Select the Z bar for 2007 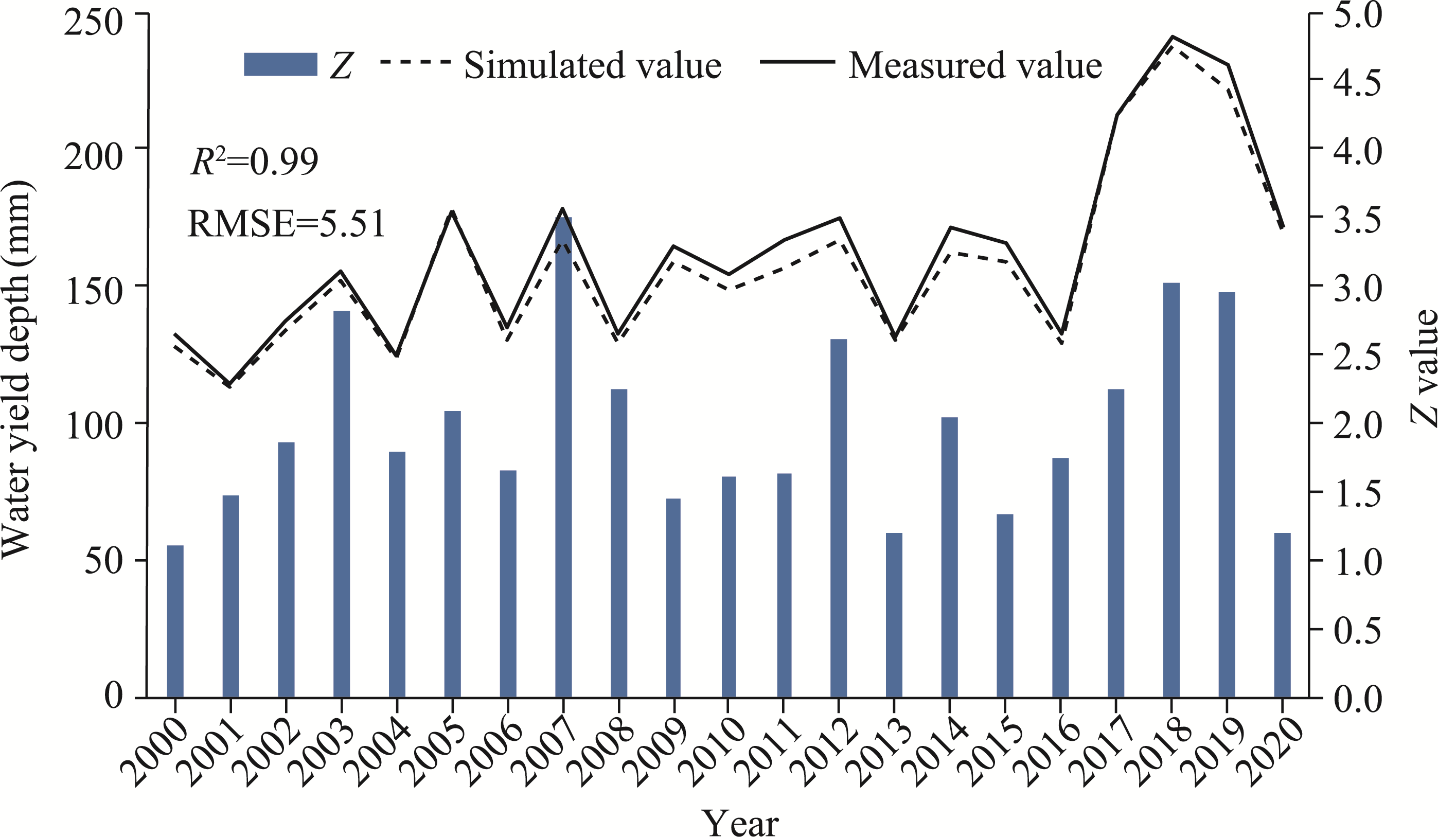(563, 456)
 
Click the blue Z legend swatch (280, 64)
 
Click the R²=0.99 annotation (255, 162)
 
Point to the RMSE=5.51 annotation (287, 223)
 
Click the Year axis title (741, 822)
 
